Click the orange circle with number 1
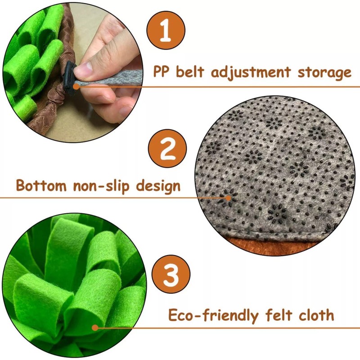click(x=166, y=30)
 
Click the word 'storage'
click(x=324, y=72)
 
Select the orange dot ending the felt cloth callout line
click(x=94, y=328)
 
